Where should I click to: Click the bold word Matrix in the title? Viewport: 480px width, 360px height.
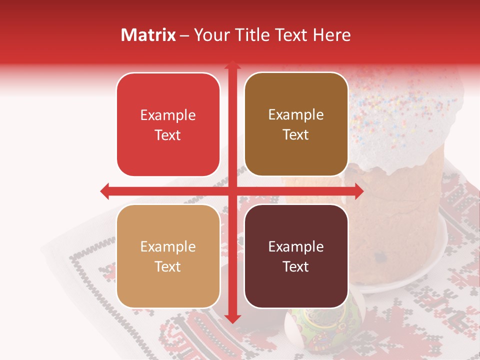(148, 35)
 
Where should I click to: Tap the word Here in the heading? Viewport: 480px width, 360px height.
(331, 35)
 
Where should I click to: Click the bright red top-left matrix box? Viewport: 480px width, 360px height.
(168, 124)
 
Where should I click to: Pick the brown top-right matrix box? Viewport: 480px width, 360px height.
(296, 124)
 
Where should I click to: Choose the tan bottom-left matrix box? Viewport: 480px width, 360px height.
(168, 256)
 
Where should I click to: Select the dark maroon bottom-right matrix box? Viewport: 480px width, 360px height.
(296, 256)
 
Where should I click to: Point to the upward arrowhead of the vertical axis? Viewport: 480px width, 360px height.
(232, 65)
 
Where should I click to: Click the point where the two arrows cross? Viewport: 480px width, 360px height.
(232, 190)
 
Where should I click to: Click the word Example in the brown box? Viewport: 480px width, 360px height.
(296, 114)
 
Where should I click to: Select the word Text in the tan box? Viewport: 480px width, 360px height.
(168, 266)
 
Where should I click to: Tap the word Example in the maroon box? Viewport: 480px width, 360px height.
(296, 246)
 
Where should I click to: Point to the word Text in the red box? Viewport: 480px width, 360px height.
(168, 135)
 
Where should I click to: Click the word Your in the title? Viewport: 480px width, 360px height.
(210, 35)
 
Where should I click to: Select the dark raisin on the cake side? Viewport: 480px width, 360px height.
(382, 257)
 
